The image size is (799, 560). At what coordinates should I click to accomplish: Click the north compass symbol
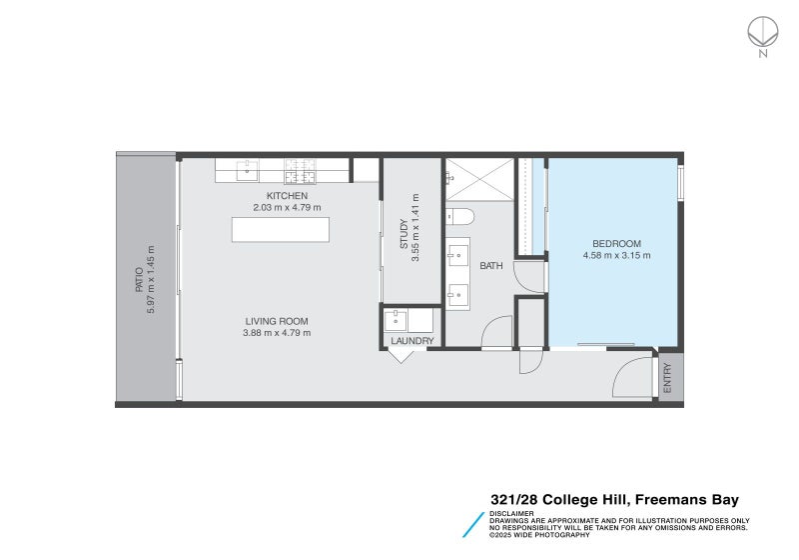(762, 32)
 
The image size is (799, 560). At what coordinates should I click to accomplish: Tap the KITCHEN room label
(287, 196)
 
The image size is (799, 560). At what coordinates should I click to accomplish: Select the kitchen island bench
(280, 229)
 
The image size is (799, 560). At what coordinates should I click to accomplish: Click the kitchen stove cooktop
(300, 171)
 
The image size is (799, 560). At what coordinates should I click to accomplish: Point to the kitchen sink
(247, 171)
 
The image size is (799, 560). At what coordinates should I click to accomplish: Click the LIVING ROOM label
(277, 321)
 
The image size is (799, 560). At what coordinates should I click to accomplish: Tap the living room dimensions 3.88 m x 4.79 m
(277, 333)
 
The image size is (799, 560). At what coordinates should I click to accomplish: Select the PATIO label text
(141, 280)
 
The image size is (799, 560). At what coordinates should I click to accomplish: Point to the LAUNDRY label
(412, 341)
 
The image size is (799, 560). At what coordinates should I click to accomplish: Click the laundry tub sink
(398, 320)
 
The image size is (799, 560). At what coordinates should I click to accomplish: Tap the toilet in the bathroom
(458, 215)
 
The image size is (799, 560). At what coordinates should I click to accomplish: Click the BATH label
(491, 266)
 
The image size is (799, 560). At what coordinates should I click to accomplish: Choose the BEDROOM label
(616, 244)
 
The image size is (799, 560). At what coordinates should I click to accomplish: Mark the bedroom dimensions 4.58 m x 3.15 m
(616, 256)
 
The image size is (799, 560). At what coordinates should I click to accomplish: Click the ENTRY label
(668, 377)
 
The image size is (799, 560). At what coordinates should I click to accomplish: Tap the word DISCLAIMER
(511, 513)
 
